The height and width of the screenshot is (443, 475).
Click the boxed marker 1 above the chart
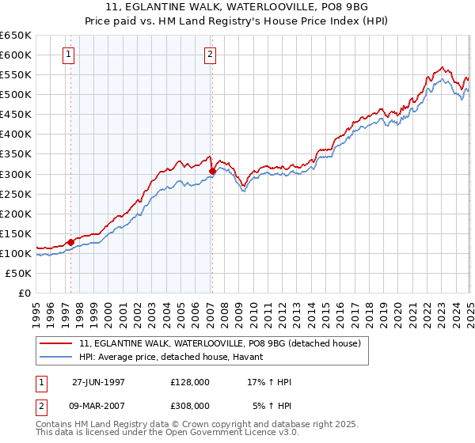point(70,55)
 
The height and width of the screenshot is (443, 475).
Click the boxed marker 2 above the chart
point(211,55)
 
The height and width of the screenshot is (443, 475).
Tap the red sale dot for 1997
point(70,242)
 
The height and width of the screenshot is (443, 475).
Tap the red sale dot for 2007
point(212,171)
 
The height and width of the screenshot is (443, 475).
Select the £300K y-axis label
point(16,174)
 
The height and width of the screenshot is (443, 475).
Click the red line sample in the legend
point(57,343)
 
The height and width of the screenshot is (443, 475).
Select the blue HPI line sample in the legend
point(57,358)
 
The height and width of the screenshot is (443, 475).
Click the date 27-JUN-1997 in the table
point(98,382)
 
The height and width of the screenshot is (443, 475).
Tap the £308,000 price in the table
point(189,405)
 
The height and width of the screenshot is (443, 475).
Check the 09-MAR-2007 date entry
point(98,405)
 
